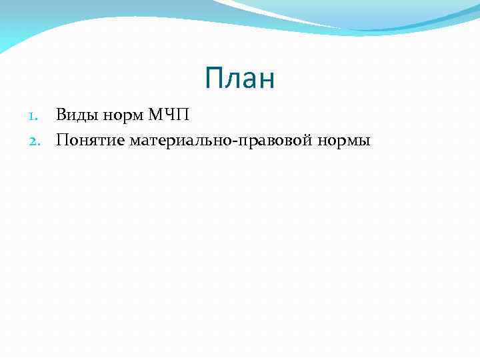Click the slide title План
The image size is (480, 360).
(x=240, y=79)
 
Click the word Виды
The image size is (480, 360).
(x=75, y=115)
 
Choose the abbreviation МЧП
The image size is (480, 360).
(x=169, y=115)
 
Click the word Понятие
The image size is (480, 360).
(x=91, y=140)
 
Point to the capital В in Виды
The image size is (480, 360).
(x=61, y=115)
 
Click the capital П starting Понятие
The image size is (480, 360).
(x=63, y=140)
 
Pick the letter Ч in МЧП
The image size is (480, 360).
(x=171, y=115)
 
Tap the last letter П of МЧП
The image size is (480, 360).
(x=183, y=115)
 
